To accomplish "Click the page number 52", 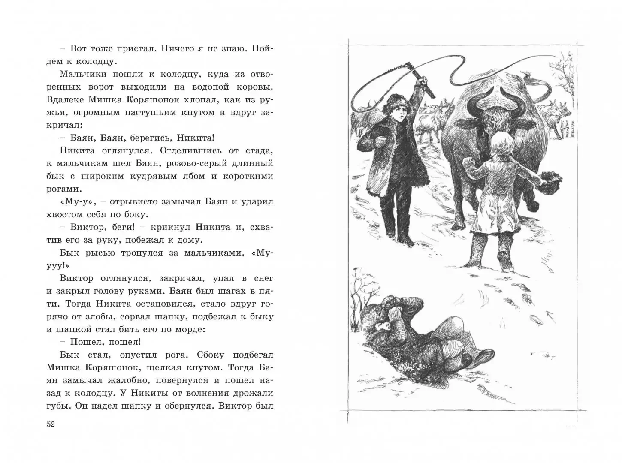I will (51, 424).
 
